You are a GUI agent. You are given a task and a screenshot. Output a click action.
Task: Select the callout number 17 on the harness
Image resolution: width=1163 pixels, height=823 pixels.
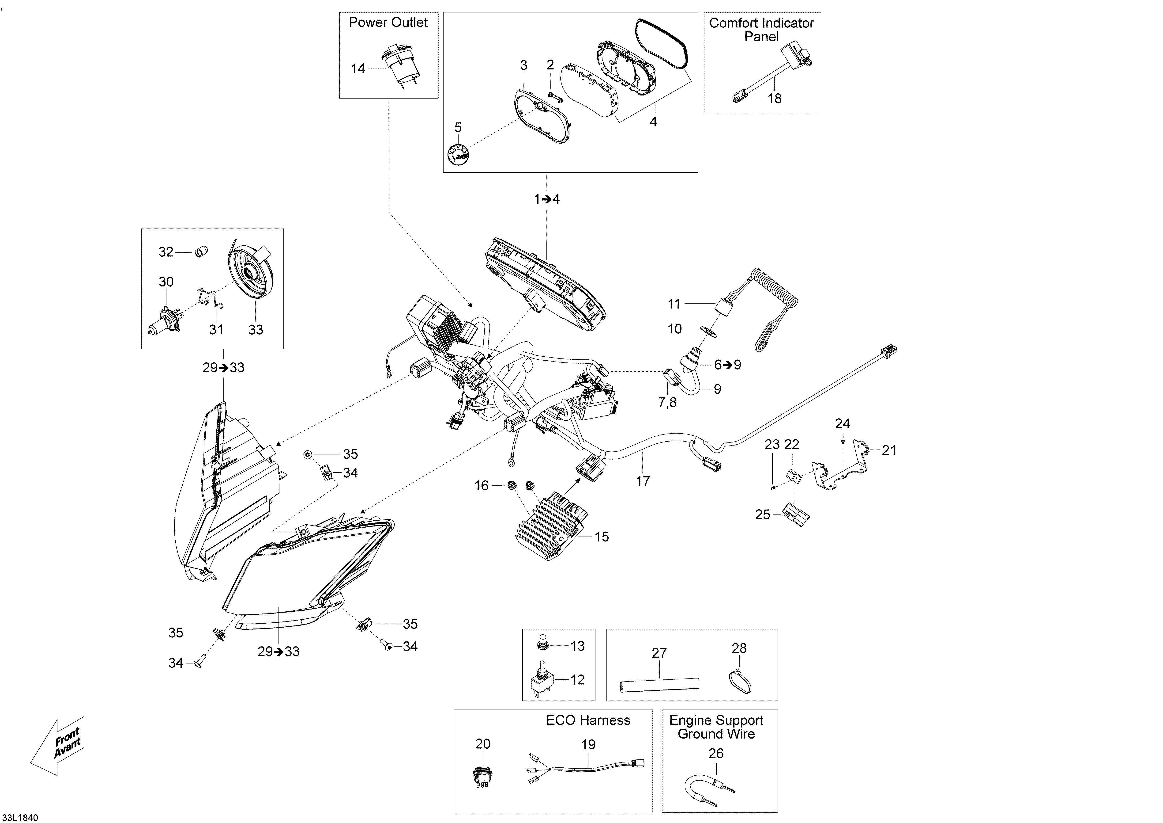point(642,481)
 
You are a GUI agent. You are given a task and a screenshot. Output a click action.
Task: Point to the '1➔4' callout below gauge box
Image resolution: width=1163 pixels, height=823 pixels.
point(546,199)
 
